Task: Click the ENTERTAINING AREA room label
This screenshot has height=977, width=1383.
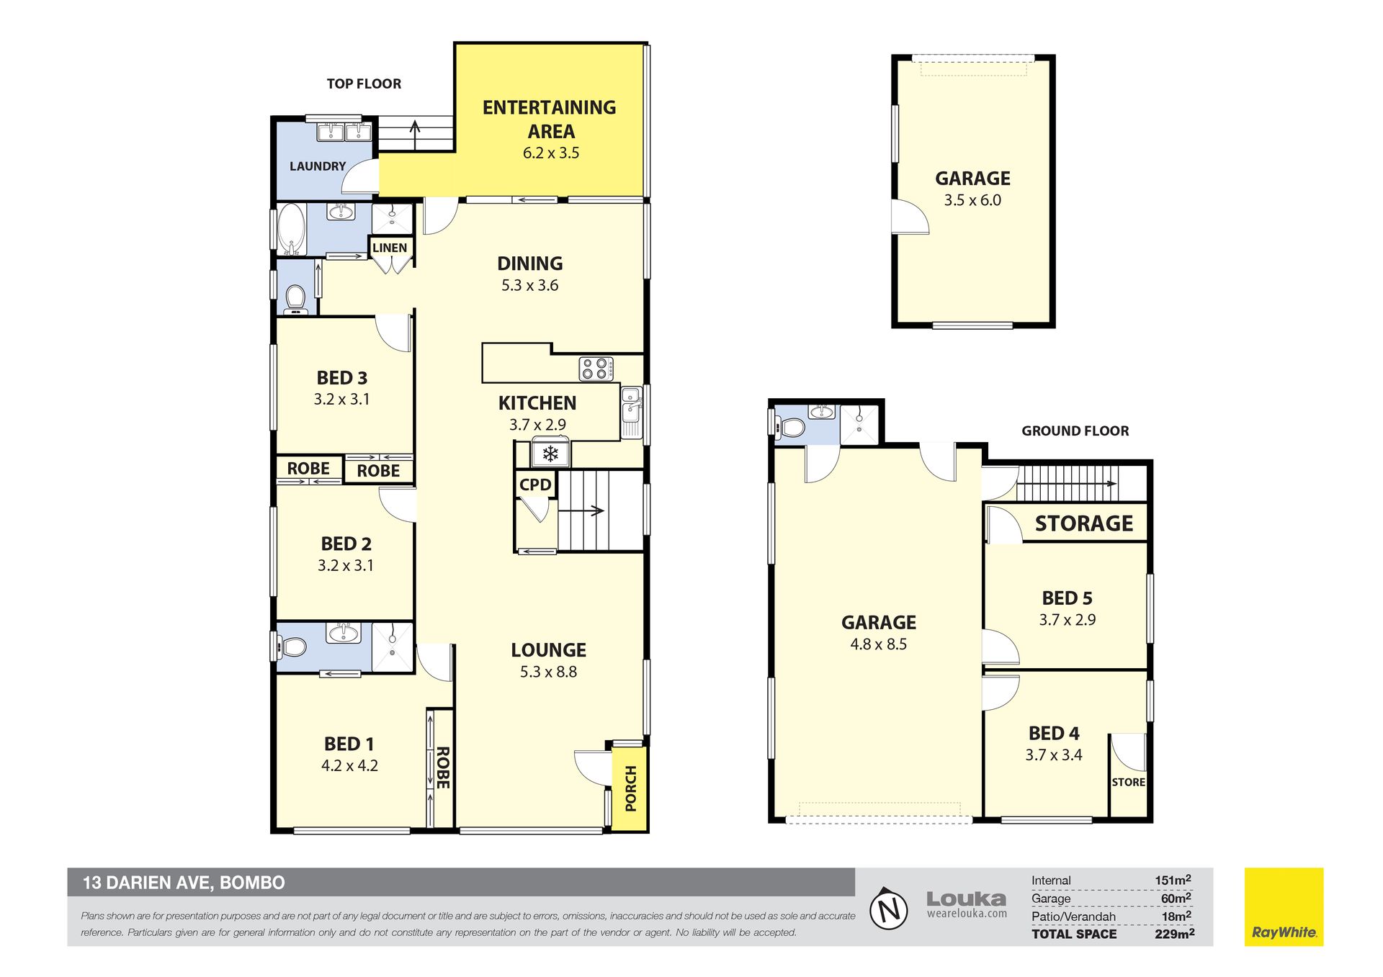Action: [x=550, y=119]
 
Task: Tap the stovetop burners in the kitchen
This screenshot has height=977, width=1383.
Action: [x=596, y=369]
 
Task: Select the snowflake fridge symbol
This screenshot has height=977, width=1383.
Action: [x=550, y=454]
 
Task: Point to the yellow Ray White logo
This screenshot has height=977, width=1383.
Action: [x=1284, y=907]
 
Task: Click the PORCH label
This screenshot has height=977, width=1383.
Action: [x=631, y=788]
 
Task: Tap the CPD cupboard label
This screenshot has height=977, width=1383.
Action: [x=535, y=485]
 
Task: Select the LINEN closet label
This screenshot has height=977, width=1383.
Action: [x=390, y=248]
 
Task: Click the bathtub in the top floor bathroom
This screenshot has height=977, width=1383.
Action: [x=291, y=230]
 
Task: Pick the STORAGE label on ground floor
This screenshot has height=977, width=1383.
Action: [x=1084, y=523]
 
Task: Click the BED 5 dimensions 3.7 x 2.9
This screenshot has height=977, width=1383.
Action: [x=1068, y=620]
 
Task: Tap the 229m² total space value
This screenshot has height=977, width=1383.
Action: [x=1174, y=934]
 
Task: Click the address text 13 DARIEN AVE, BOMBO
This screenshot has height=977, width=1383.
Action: [x=184, y=883]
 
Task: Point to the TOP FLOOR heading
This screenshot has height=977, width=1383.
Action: [x=364, y=84]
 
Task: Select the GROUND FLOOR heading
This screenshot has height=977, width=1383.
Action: [x=1075, y=431]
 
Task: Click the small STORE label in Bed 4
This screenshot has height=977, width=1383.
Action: [x=1128, y=782]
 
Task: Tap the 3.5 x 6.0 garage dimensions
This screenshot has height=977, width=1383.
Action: [x=972, y=200]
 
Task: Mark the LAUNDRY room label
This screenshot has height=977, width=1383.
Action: [x=318, y=166]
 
